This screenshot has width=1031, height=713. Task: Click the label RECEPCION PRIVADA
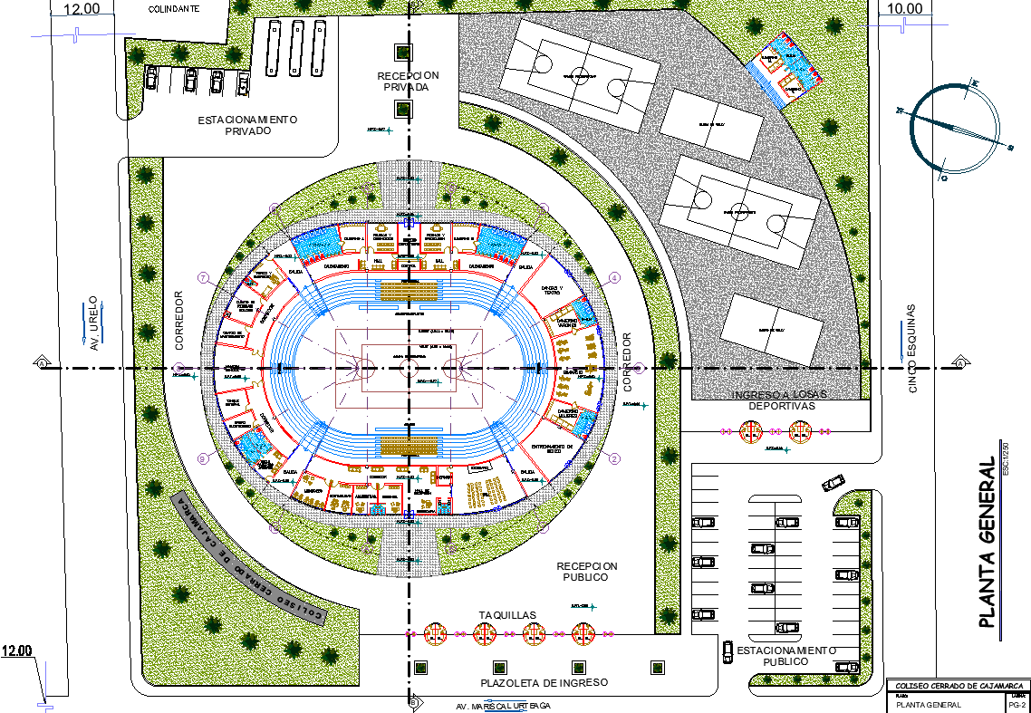(x=408, y=81)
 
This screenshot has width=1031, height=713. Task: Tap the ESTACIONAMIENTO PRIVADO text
(x=247, y=125)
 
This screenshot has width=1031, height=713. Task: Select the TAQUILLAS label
(x=507, y=615)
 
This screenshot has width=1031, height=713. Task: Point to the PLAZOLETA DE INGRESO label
(x=544, y=682)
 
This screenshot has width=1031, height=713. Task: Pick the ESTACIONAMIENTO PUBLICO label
(x=785, y=656)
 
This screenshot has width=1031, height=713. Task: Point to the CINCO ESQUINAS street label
(x=912, y=348)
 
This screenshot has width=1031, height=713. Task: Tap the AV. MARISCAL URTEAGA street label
(x=505, y=706)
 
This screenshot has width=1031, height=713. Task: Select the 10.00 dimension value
(x=904, y=9)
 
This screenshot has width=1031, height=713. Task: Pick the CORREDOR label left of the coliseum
(x=179, y=321)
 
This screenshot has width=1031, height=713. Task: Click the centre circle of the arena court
(x=409, y=368)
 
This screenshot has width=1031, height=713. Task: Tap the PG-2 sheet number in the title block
(x=1017, y=704)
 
